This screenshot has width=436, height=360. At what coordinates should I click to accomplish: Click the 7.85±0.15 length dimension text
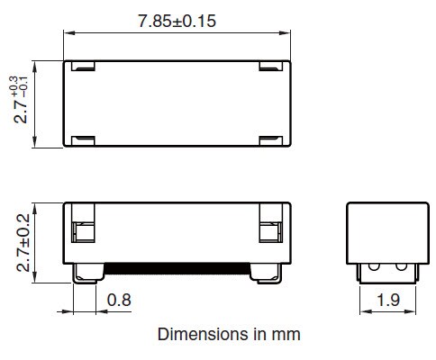point(177,20)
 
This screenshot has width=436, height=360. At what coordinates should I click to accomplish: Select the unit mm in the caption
point(287,334)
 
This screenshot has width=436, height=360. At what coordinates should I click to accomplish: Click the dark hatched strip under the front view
point(177,267)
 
